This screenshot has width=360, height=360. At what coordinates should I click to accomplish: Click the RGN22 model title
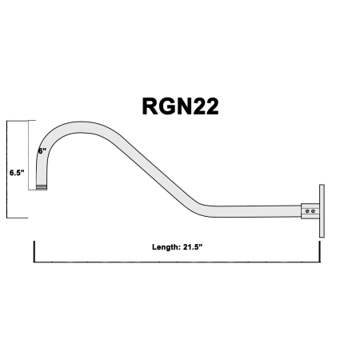(180, 106)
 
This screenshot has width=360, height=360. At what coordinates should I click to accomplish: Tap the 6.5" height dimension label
(17, 173)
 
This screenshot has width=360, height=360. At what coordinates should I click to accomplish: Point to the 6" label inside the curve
(42, 151)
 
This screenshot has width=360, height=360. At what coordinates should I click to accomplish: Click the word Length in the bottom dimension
(166, 247)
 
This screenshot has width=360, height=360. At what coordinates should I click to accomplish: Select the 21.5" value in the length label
(193, 247)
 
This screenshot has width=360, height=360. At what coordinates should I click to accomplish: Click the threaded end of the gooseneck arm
(42, 187)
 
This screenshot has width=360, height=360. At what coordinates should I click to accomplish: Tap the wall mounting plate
(322, 210)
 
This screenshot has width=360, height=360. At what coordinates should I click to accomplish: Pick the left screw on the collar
(307, 211)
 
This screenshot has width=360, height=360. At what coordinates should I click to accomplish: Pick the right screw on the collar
(313, 211)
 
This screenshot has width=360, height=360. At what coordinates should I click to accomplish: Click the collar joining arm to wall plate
(310, 211)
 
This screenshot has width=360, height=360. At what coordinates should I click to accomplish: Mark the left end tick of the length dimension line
(34, 251)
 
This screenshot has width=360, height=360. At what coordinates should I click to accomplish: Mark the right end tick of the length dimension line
(319, 251)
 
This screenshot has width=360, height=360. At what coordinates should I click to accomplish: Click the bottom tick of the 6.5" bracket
(17, 218)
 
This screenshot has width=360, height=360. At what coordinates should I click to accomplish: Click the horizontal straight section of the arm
(256, 211)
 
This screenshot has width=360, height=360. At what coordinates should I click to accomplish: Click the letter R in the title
(150, 106)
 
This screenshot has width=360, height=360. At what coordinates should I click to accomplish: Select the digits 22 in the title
(206, 106)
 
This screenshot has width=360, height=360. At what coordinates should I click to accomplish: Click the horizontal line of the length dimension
(177, 262)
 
